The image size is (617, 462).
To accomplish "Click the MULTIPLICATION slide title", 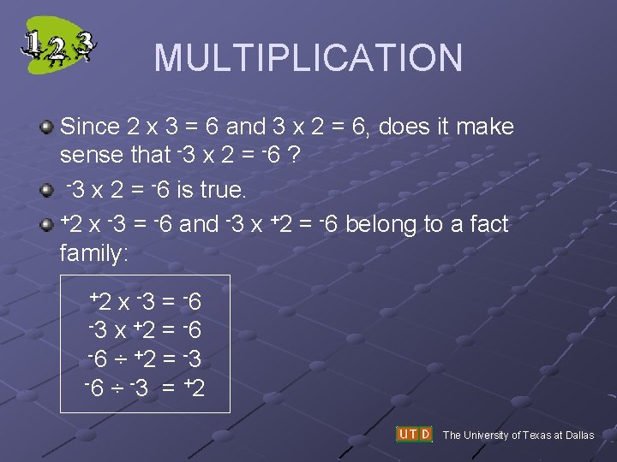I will pyautogui.click(x=308, y=57).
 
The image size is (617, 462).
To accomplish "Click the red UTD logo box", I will pyautogui.click(x=414, y=435).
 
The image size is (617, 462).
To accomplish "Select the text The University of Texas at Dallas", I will pyautogui.click(x=518, y=435).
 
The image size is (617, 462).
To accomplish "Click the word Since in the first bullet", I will pyautogui.click(x=90, y=127).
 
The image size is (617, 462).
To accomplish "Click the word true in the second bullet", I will pyautogui.click(x=222, y=189).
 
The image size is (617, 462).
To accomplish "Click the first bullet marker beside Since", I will pyautogui.click(x=48, y=127).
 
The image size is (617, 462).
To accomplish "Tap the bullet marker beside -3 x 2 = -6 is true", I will pyautogui.click(x=48, y=189).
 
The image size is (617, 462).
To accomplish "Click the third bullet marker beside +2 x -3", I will pyautogui.click(x=48, y=224).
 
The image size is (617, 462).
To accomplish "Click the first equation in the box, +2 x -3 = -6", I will pyautogui.click(x=146, y=302).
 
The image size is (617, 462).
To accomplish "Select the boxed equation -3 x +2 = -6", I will pyautogui.click(x=145, y=330).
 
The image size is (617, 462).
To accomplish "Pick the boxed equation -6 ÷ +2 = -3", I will pyautogui.click(x=145, y=359).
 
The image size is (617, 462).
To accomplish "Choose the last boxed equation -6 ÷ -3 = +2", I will pyautogui.click(x=145, y=389).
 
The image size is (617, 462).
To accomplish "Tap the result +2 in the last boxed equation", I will pyautogui.click(x=193, y=389).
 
